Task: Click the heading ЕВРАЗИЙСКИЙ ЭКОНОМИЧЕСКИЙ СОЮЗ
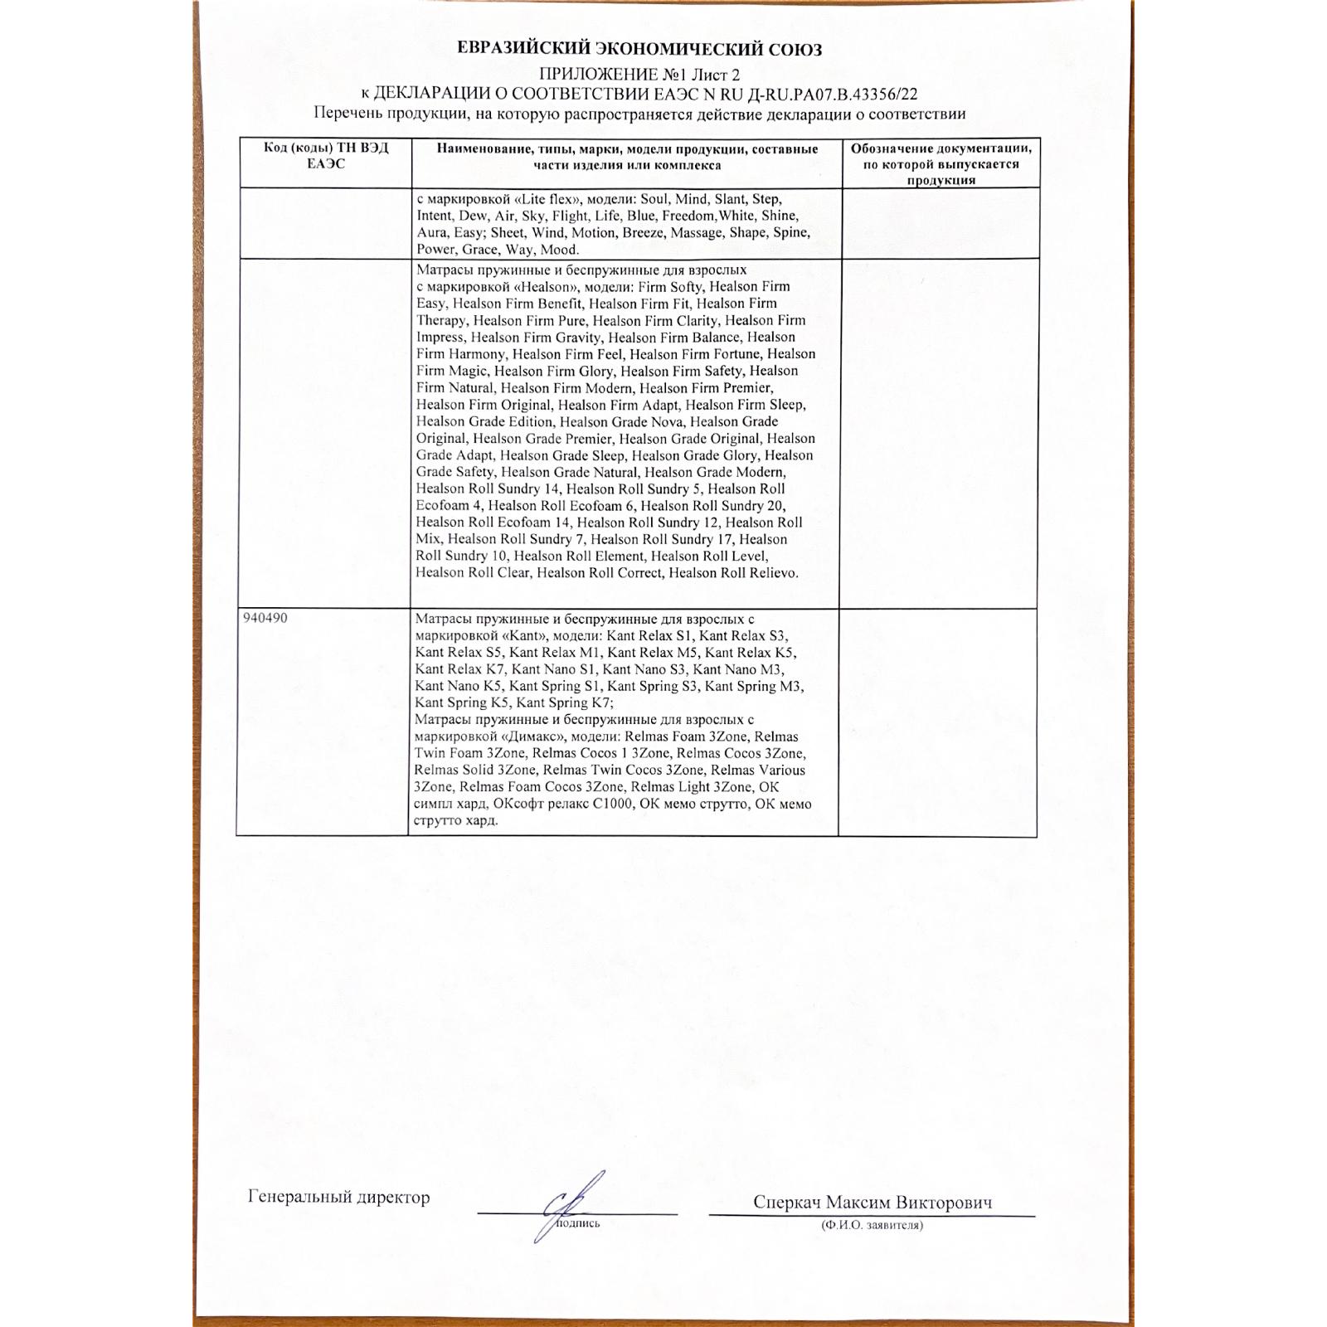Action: [x=639, y=49]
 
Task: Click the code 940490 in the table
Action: [x=265, y=619]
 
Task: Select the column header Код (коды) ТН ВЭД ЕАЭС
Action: [x=326, y=156]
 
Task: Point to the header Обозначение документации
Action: [x=941, y=149]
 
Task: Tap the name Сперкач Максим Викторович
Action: [x=873, y=1202]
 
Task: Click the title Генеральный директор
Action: [x=338, y=1197]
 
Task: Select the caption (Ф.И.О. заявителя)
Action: [x=872, y=1225]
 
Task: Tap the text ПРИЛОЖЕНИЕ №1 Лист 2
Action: [x=639, y=75]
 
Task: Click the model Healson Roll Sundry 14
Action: [x=488, y=489]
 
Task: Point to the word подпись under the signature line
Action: [x=578, y=1223]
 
